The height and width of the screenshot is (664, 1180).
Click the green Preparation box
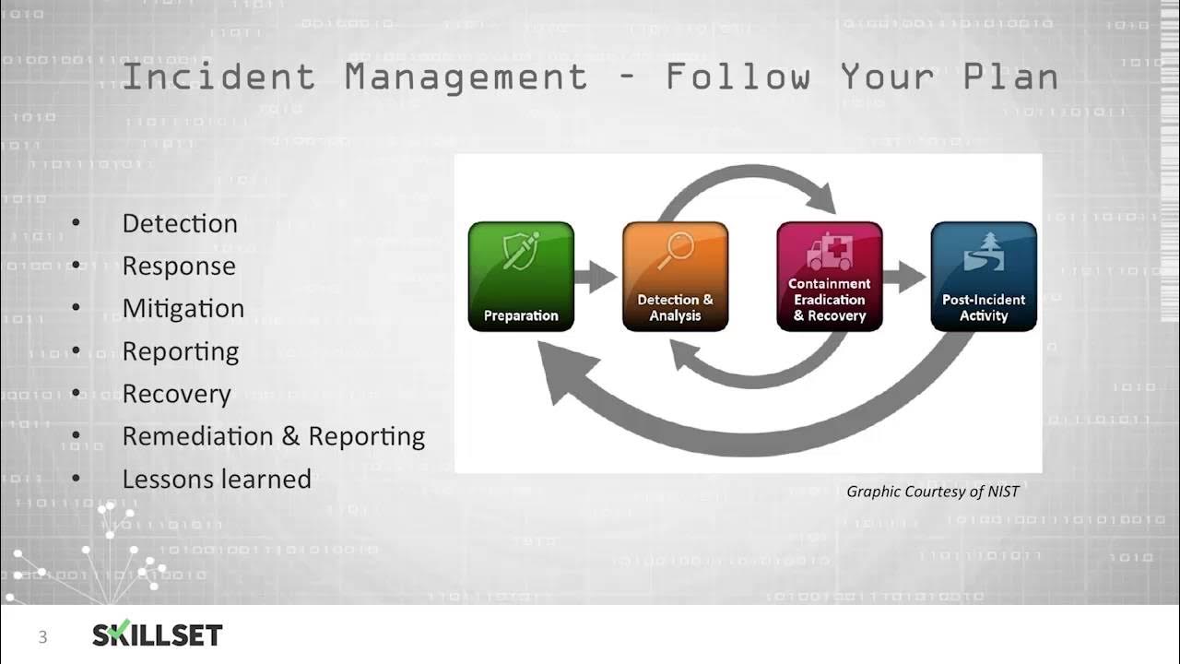521,277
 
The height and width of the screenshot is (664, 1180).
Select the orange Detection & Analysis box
675,277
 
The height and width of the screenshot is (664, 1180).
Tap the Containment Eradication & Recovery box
830,277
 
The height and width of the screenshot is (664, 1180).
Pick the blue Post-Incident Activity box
984,277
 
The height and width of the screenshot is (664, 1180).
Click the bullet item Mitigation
183,308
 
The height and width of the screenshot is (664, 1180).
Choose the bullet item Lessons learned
217,479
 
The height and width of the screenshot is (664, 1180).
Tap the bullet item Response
179,266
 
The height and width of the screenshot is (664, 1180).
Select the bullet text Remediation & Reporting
273,435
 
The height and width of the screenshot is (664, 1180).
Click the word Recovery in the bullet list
176,394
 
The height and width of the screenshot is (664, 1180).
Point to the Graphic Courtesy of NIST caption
932,492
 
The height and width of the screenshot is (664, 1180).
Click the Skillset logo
157,634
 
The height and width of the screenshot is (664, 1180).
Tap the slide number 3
42,636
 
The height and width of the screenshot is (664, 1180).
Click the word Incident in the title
218,77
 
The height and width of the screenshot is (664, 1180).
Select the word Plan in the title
1010,77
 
